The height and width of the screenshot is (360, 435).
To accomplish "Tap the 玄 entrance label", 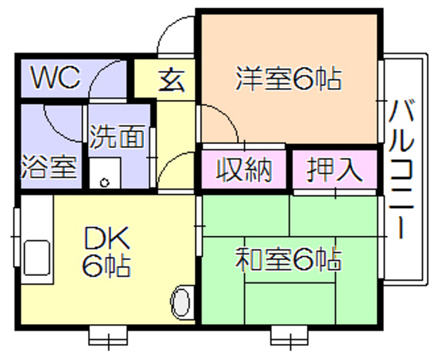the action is pyautogui.click(x=172, y=80).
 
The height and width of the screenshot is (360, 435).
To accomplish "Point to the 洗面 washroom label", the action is pyautogui.click(x=117, y=136).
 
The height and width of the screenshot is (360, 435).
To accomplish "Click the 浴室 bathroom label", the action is pyautogui.click(x=49, y=166).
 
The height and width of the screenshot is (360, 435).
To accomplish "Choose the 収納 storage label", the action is pyautogui.click(x=244, y=170).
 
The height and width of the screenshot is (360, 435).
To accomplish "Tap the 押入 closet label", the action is pyautogui.click(x=334, y=170).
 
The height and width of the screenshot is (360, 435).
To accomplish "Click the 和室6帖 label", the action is pyautogui.click(x=289, y=259).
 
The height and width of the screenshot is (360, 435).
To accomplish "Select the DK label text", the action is pyautogui.click(x=107, y=238).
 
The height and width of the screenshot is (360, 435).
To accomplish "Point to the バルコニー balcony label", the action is pyautogui.click(x=401, y=170).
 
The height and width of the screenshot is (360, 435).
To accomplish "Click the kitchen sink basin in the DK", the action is pyautogui.click(x=37, y=258).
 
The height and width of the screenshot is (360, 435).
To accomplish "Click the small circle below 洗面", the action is pyautogui.click(x=105, y=182).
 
